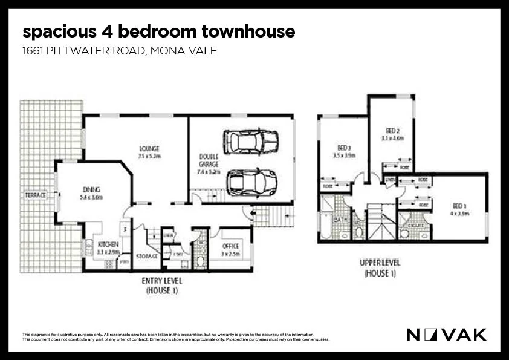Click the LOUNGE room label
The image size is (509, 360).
[149, 148]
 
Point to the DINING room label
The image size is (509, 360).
[91, 189]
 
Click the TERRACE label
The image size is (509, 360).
[35, 195]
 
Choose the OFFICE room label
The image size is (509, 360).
[230, 246]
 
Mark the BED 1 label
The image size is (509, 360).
[457, 206]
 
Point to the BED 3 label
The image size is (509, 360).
[345, 148]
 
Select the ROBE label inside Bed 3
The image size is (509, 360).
[327, 186]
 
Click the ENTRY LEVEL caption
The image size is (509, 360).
[161, 281]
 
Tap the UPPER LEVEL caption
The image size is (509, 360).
[380, 263]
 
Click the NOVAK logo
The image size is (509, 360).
[446, 334]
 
